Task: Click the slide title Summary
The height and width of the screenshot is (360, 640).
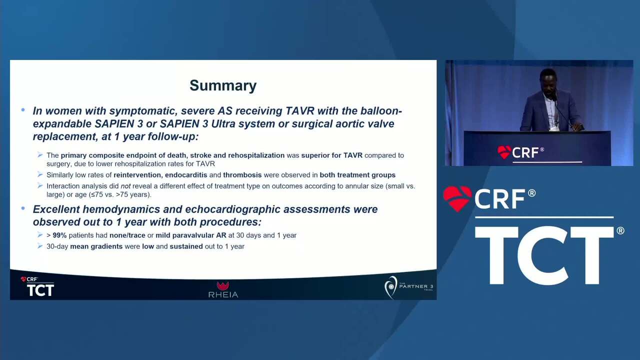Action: [x=223, y=85]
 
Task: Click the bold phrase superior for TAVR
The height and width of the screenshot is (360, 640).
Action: [x=331, y=155]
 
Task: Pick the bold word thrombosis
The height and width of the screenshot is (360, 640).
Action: [x=242, y=175]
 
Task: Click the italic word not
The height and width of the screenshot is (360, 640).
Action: [x=125, y=186]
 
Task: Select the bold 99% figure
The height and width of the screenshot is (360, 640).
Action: [x=59, y=235]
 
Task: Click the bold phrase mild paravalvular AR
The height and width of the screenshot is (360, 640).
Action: [x=191, y=235]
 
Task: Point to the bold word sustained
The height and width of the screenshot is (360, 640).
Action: [x=186, y=246]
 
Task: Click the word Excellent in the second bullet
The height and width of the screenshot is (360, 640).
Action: [x=56, y=209]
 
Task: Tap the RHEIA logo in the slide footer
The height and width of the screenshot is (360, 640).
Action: [x=223, y=289]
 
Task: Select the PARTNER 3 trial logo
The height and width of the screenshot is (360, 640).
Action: [x=408, y=287]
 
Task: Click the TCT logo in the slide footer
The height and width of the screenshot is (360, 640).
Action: [x=37, y=286]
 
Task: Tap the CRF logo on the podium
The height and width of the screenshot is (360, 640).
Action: [x=520, y=152]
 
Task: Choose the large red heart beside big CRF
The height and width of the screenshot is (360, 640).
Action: [x=457, y=198]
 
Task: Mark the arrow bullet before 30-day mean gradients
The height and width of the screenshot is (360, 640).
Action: [x=40, y=246]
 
